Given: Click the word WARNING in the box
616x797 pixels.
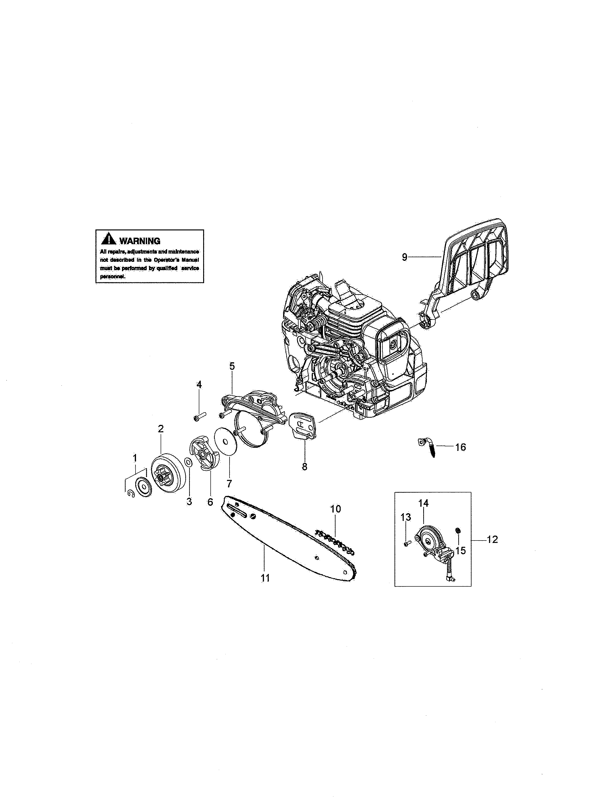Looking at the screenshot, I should pyautogui.click(x=140, y=241).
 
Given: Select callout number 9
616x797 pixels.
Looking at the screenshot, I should pyautogui.click(x=404, y=257).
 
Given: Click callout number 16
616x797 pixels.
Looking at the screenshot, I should pyautogui.click(x=460, y=447).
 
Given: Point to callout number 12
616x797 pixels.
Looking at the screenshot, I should pyautogui.click(x=492, y=539).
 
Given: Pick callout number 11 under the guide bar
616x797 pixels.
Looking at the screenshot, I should pyautogui.click(x=265, y=578).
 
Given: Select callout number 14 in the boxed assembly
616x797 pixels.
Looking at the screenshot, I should pyautogui.click(x=423, y=503).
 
